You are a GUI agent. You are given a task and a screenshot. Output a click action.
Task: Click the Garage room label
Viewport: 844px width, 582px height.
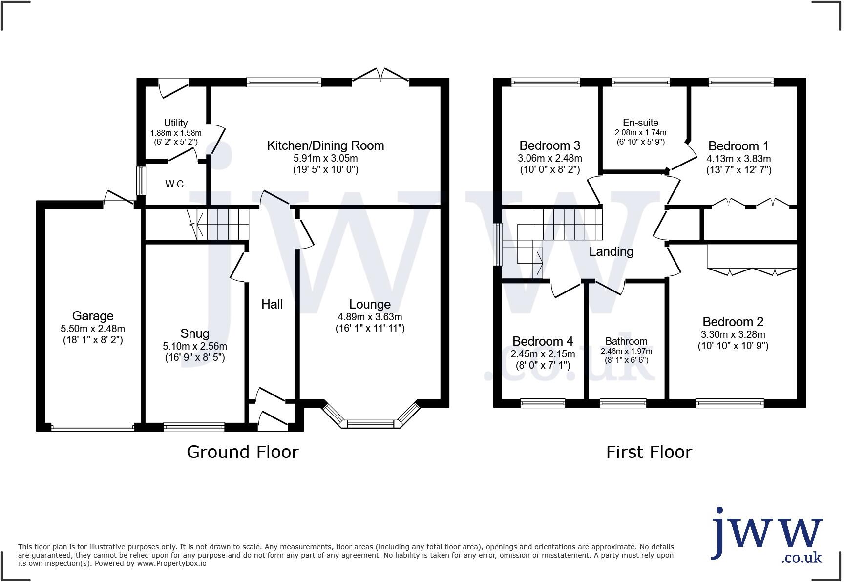tap(93, 316)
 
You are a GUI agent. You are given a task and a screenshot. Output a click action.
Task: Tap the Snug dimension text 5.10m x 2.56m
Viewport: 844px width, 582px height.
tap(195, 346)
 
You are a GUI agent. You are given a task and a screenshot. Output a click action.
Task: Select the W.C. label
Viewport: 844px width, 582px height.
tap(175, 184)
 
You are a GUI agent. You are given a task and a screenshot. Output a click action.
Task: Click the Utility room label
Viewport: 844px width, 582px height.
tap(176, 123)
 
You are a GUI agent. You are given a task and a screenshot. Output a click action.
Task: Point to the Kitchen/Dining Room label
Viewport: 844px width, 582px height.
tap(325, 145)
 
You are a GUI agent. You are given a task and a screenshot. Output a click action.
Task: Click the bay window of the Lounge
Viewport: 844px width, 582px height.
tap(370, 423)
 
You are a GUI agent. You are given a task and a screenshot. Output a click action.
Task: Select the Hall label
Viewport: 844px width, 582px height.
tap(272, 304)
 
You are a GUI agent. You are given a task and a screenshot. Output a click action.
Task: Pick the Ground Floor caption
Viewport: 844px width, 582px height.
tap(242, 452)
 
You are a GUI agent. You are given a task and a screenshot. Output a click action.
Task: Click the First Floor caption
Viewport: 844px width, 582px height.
tap(649, 452)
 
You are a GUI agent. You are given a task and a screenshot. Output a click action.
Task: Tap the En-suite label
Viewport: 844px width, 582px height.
tap(640, 123)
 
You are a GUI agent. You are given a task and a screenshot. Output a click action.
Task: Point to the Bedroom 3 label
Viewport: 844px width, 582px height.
tap(549, 145)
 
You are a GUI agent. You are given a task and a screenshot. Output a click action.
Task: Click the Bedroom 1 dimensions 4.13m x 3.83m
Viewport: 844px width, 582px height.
tap(738, 159)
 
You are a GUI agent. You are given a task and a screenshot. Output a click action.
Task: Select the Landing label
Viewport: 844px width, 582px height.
tap(611, 251)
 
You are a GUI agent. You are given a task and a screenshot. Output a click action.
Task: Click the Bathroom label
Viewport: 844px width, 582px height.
tap(626, 341)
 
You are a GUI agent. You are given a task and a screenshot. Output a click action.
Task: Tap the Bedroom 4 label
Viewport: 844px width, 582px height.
tap(543, 341)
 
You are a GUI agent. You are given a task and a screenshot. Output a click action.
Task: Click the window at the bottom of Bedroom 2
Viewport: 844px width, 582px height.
tap(730, 403)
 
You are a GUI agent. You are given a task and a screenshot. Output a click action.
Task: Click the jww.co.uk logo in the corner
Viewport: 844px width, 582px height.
tap(766, 535)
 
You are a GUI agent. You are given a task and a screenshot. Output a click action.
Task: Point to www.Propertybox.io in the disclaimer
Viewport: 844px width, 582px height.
tap(171, 563)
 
